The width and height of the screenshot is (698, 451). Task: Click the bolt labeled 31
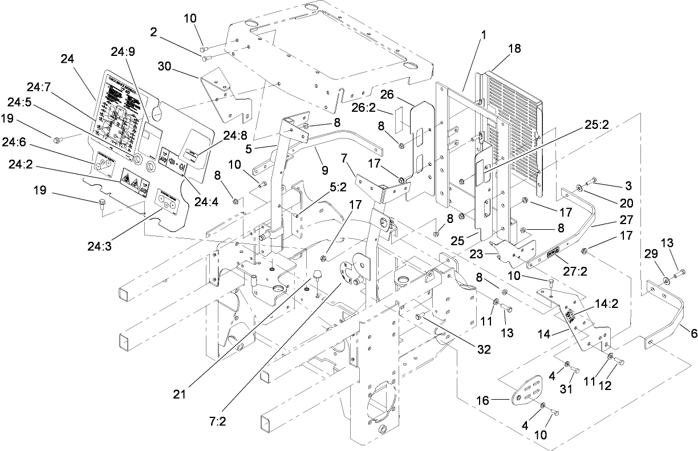click(575, 371)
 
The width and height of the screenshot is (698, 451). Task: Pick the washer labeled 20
click(580, 187)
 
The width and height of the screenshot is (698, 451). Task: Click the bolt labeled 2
click(206, 56)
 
